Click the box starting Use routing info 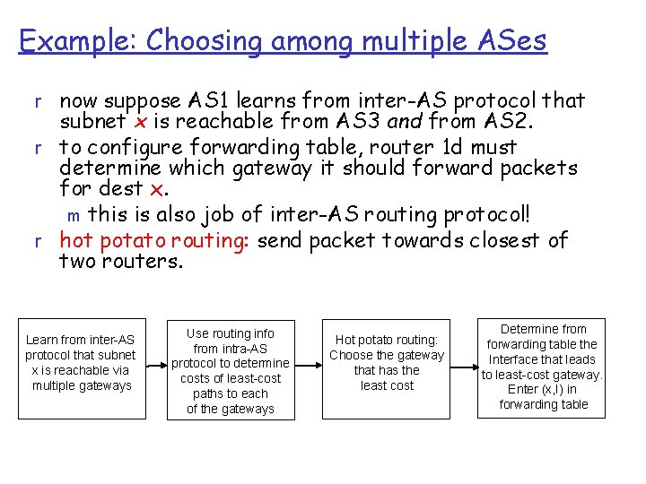pyautogui.click(x=231, y=368)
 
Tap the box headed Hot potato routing pyautogui.click(x=386, y=368)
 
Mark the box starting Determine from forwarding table pyautogui.click(x=543, y=368)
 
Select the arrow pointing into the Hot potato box pyautogui.click(x=307, y=368)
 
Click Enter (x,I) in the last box pyautogui.click(x=543, y=389)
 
